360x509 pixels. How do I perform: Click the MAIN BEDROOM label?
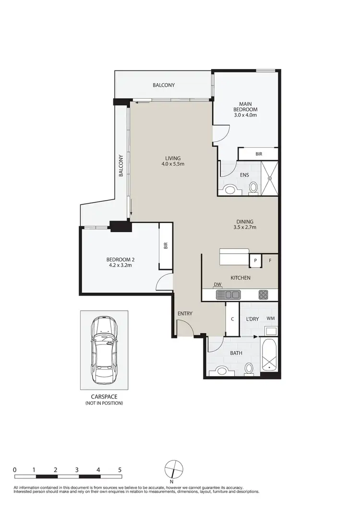click(245, 109)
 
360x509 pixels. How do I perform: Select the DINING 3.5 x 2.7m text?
click(244, 224)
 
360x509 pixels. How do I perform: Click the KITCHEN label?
click(240, 278)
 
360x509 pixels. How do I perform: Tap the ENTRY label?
click(185, 314)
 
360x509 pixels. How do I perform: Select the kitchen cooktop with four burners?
click(264, 295)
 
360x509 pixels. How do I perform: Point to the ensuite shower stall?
click(269, 178)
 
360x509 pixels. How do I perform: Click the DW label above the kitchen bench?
click(217, 284)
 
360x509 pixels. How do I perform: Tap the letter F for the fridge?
click(270, 260)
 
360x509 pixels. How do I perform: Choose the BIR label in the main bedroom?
click(259, 154)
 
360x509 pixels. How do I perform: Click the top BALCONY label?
click(164, 85)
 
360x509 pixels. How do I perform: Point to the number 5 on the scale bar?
click(120, 470)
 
